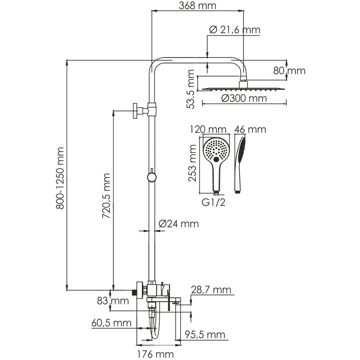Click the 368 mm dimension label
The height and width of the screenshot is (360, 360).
[x=197, y=6]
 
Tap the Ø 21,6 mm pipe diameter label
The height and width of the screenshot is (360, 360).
[x=234, y=30]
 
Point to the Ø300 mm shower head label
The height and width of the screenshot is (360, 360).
[x=244, y=98]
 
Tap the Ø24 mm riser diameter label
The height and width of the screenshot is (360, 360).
[x=178, y=224]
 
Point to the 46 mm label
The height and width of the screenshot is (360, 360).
[x=250, y=129]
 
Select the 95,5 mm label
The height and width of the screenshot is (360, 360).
[x=205, y=335]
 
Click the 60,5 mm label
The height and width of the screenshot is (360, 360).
[x=111, y=323]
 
